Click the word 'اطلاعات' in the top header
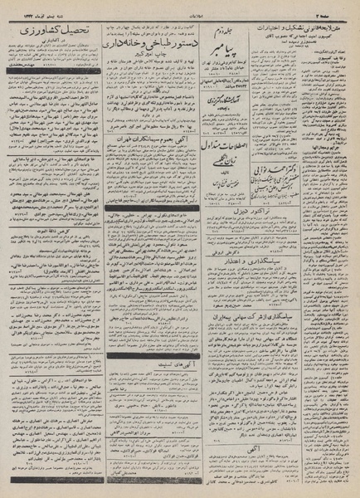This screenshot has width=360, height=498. pos(178,7)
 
